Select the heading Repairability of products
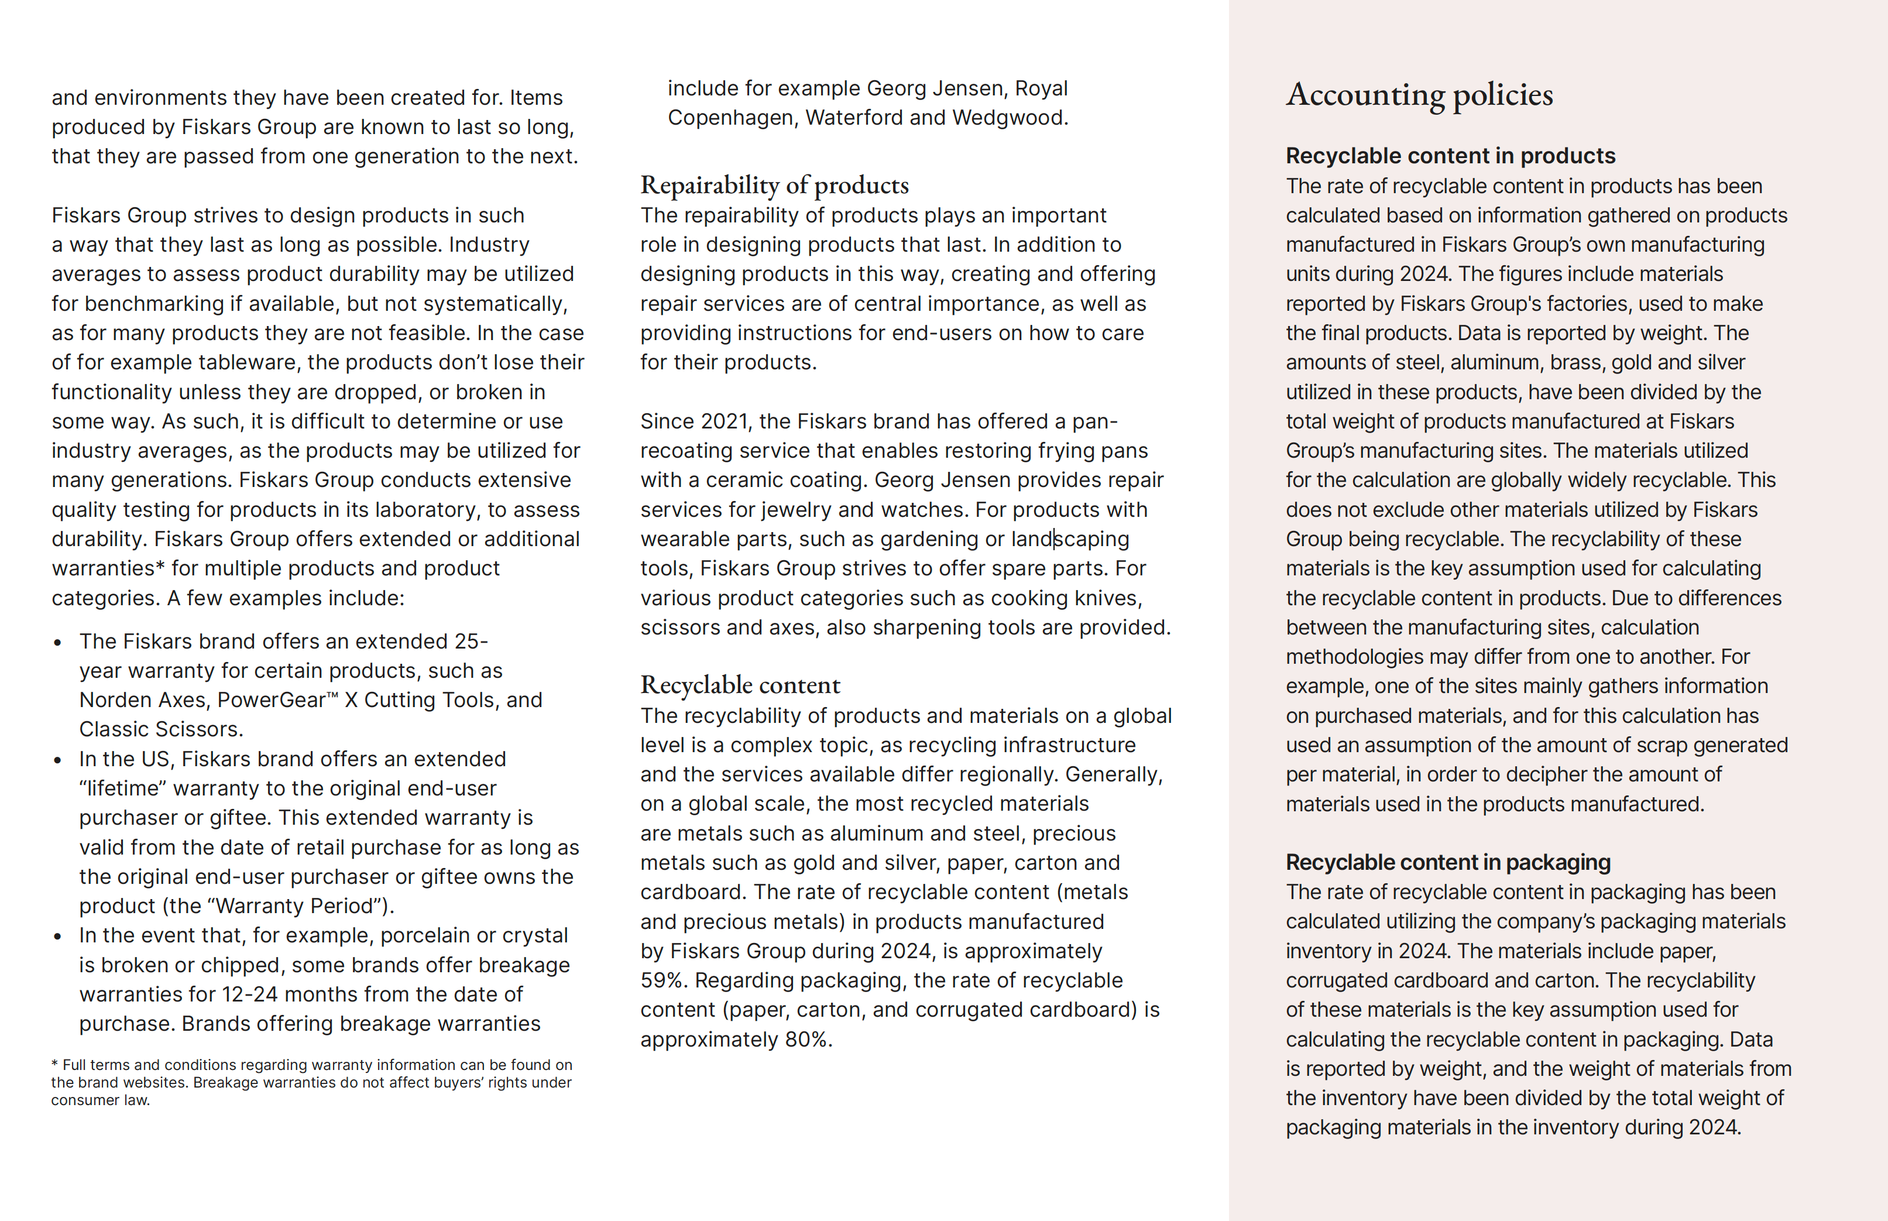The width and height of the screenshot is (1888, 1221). tap(774, 186)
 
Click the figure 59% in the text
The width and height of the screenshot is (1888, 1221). tap(661, 981)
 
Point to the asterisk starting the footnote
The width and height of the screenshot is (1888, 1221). tap(54, 1064)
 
